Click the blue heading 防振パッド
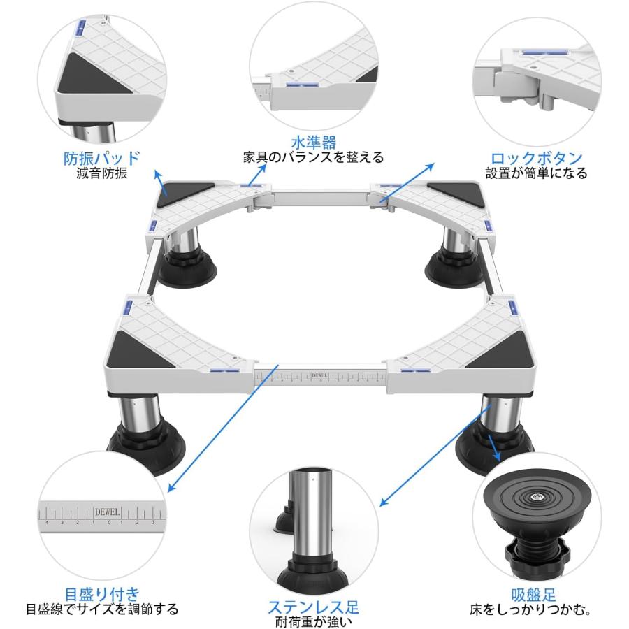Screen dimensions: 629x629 (x=101, y=157)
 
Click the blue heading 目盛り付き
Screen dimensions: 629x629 (x=101, y=593)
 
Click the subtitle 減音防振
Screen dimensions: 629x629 (x=102, y=174)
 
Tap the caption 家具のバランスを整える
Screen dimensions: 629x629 (x=313, y=157)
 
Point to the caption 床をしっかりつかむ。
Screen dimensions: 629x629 (x=536, y=609)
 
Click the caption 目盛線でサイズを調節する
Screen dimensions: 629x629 (x=101, y=609)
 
